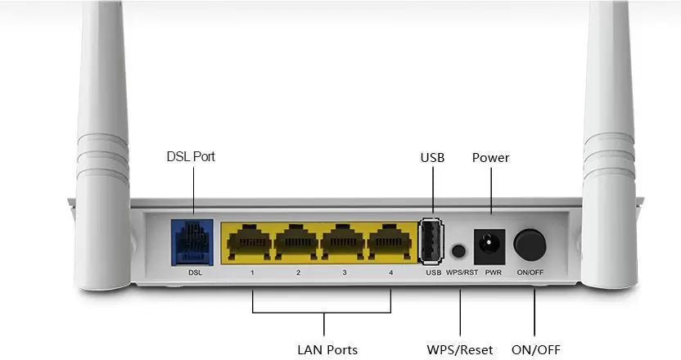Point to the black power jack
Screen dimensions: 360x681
pyautogui.click(x=489, y=244)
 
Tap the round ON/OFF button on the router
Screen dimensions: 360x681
pyautogui.click(x=530, y=243)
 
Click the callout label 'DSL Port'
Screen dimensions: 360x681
pyautogui.click(x=191, y=155)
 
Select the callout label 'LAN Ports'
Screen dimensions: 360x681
pyautogui.click(x=327, y=349)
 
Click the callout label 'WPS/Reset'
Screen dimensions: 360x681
pyautogui.click(x=460, y=349)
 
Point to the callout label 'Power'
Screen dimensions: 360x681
pyautogui.click(x=490, y=157)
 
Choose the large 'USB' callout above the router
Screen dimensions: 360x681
pyautogui.click(x=432, y=157)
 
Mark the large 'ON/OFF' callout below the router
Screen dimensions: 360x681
pyautogui.click(x=536, y=349)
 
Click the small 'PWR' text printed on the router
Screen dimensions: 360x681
pyautogui.click(x=493, y=272)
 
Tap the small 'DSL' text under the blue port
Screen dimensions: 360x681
pyautogui.click(x=195, y=272)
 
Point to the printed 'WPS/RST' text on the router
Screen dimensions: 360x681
pyautogui.click(x=462, y=272)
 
